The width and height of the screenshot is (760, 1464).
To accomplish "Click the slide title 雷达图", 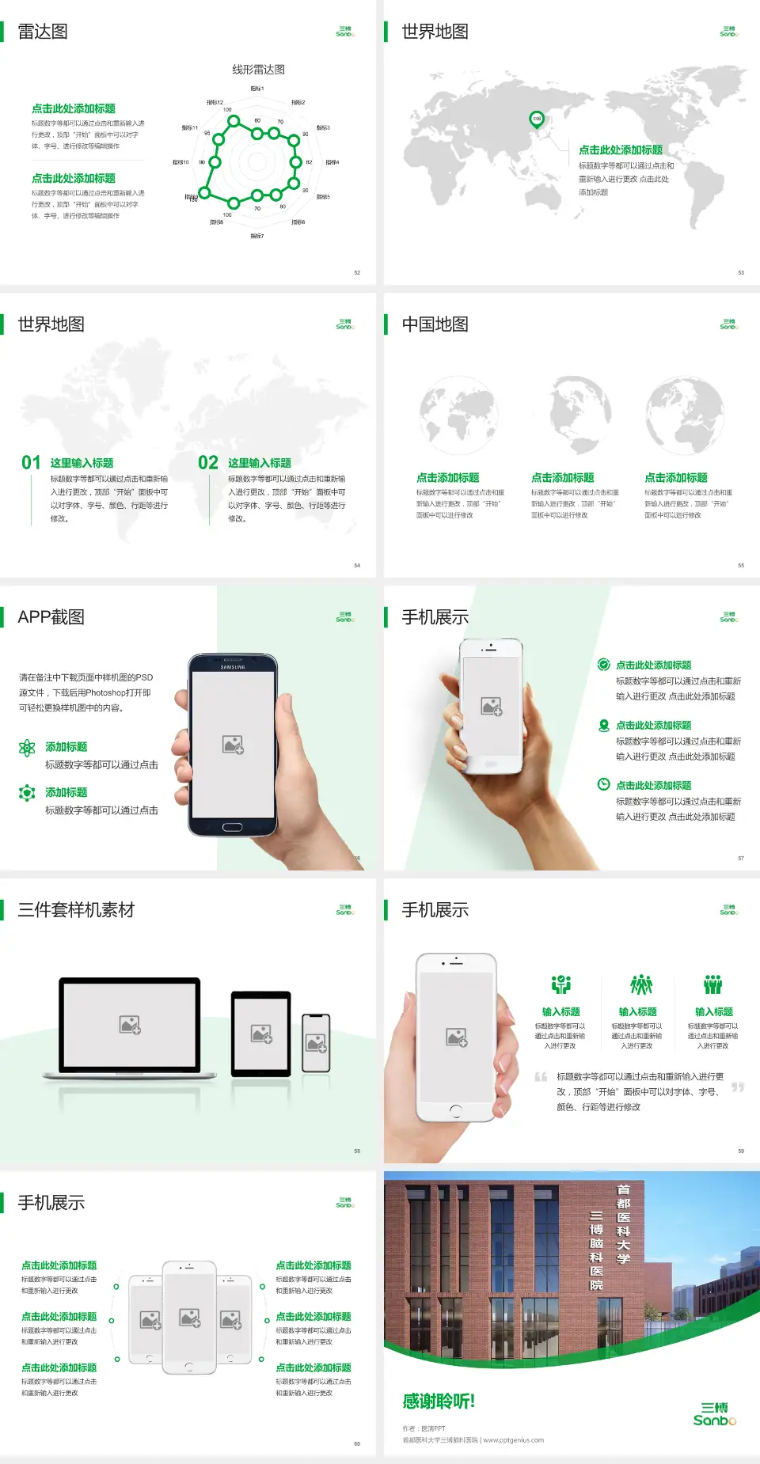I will pos(43,32).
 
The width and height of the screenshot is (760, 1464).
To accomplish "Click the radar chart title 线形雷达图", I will pos(258,70).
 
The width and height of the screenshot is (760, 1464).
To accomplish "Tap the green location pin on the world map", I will pos(536,119).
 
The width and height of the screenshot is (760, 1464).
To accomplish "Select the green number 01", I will pos(31,463).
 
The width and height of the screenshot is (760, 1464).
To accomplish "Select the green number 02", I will pos(208,463).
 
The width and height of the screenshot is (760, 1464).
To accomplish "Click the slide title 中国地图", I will pos(435,324).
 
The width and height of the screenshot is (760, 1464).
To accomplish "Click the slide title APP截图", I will pos(51,617).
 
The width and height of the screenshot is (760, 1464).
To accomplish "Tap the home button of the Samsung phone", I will pos(232,827).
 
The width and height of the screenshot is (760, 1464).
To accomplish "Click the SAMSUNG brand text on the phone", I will pos(233,667).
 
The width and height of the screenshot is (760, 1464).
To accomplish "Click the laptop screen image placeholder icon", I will pos(130,1025).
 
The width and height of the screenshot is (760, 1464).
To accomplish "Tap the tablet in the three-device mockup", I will pos(261,1033).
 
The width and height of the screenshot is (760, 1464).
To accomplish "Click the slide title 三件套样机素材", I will pos(76,910).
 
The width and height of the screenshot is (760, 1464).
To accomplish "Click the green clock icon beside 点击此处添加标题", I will pos(603,784).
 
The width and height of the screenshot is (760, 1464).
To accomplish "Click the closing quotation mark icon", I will pos(738,1087).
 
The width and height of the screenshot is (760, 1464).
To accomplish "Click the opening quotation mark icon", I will pos(541,1077).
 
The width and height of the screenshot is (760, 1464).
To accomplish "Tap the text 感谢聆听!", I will pos(439,1401).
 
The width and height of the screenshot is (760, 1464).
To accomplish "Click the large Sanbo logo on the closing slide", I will pos(714,1414).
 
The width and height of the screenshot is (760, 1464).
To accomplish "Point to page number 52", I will pos(357,272).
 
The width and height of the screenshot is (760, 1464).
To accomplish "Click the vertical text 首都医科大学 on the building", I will pos(624,1223).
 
